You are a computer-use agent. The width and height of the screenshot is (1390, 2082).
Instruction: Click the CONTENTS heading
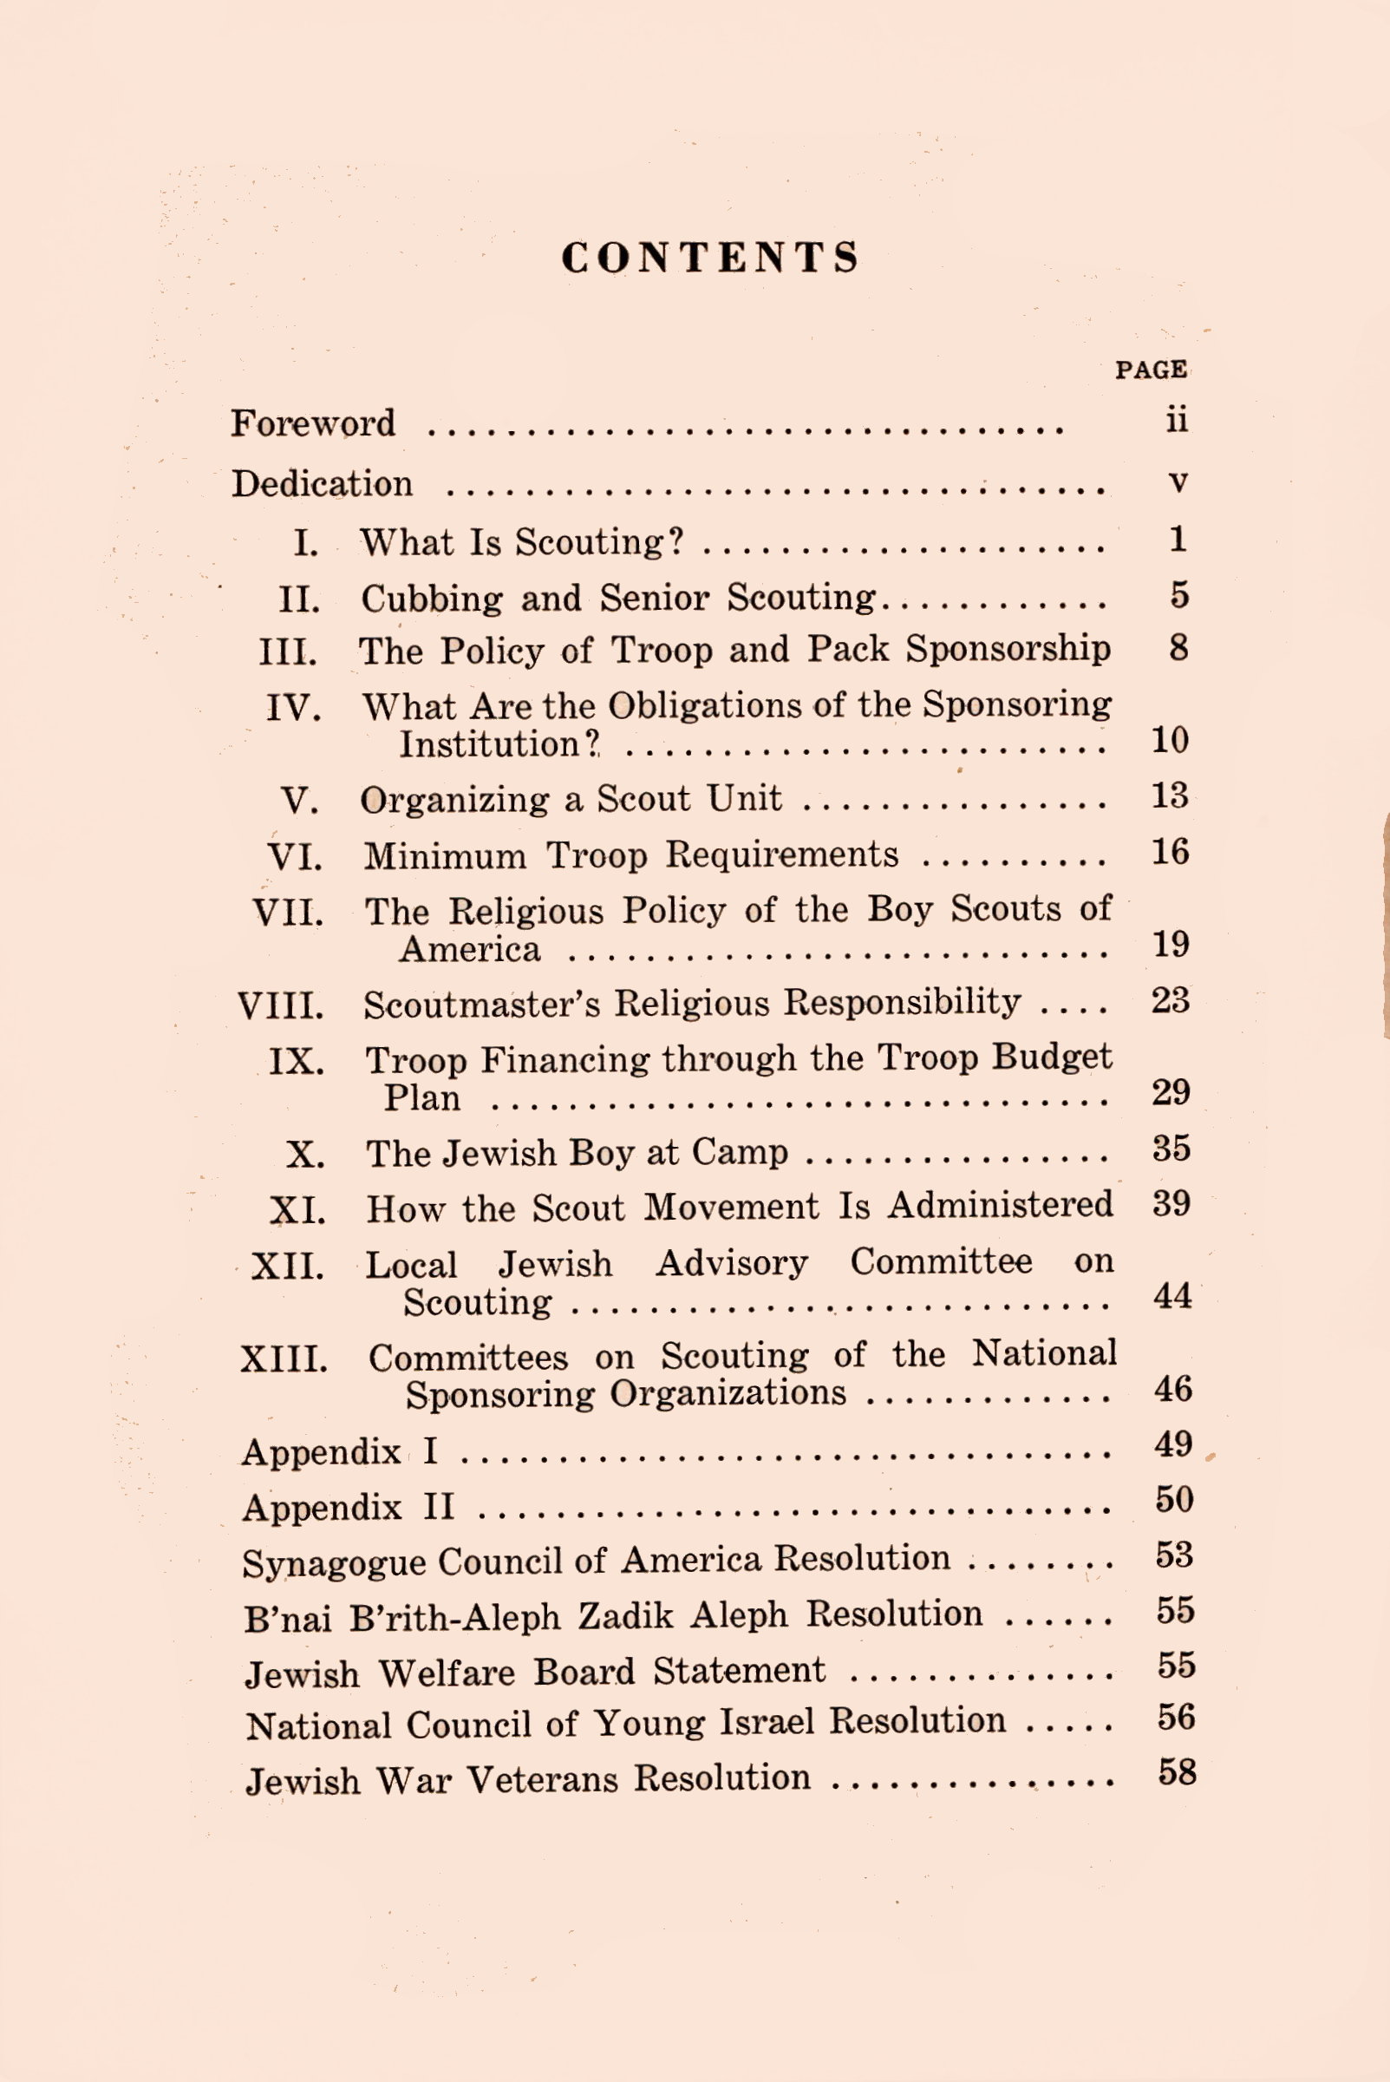710,258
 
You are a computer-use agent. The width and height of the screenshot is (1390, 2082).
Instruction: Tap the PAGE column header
1151,370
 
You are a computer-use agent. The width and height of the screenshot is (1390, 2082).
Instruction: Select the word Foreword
313,423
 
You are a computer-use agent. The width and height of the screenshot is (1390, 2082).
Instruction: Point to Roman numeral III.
288,651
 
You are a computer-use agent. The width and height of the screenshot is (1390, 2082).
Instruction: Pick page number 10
1169,739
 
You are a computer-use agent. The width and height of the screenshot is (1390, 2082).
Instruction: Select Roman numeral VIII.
281,1005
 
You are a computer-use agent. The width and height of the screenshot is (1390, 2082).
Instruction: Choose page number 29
1170,1092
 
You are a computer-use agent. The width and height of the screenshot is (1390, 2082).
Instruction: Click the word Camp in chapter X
740,1152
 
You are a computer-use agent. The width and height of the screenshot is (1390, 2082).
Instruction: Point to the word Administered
1001,1205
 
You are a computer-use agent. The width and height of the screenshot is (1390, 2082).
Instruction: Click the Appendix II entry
349,1507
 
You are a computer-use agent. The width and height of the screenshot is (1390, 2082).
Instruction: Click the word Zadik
626,1615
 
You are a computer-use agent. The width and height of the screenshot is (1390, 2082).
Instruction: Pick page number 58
1178,1772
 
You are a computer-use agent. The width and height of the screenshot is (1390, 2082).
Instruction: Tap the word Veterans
542,1779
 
